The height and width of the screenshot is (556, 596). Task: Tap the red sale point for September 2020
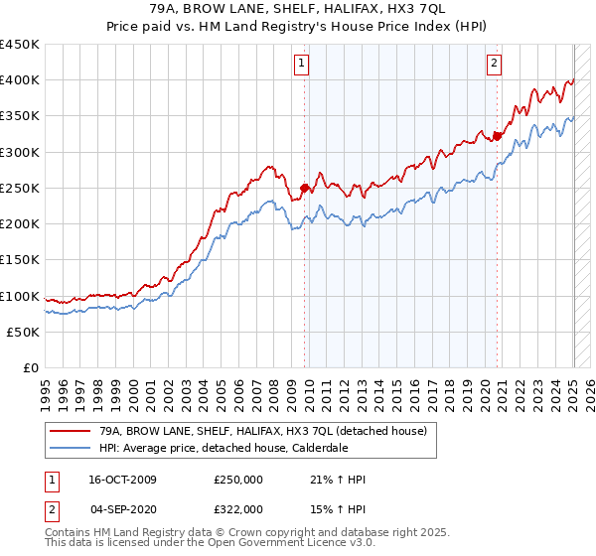497,136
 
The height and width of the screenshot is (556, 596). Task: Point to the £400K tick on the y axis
20,80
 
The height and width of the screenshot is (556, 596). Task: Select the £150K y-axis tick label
20,260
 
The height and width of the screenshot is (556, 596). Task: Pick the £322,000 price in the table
237,507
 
